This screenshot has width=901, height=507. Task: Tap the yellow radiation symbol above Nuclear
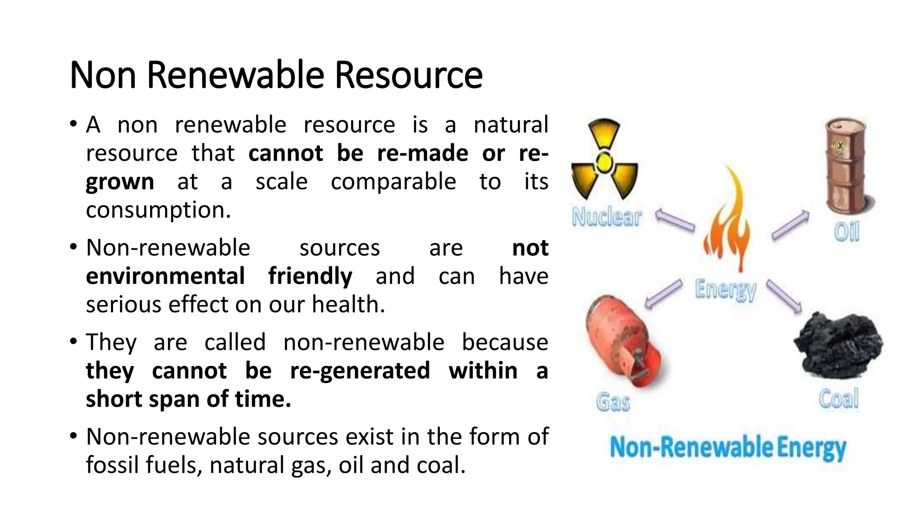(x=604, y=161)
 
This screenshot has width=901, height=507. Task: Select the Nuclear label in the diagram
(x=607, y=217)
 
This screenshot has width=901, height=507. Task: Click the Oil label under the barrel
(x=846, y=231)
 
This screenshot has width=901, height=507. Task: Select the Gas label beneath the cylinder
(x=613, y=402)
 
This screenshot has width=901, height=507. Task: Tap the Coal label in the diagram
(x=839, y=399)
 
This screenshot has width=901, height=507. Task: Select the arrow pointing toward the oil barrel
(x=791, y=225)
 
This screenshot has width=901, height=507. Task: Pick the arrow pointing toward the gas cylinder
(x=663, y=294)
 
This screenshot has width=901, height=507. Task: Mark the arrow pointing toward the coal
(x=784, y=297)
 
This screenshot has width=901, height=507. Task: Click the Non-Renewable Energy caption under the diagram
(x=728, y=448)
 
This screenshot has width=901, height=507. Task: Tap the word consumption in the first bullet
(x=158, y=210)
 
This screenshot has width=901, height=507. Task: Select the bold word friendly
(x=310, y=276)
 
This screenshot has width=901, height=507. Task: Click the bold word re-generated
(x=360, y=371)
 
